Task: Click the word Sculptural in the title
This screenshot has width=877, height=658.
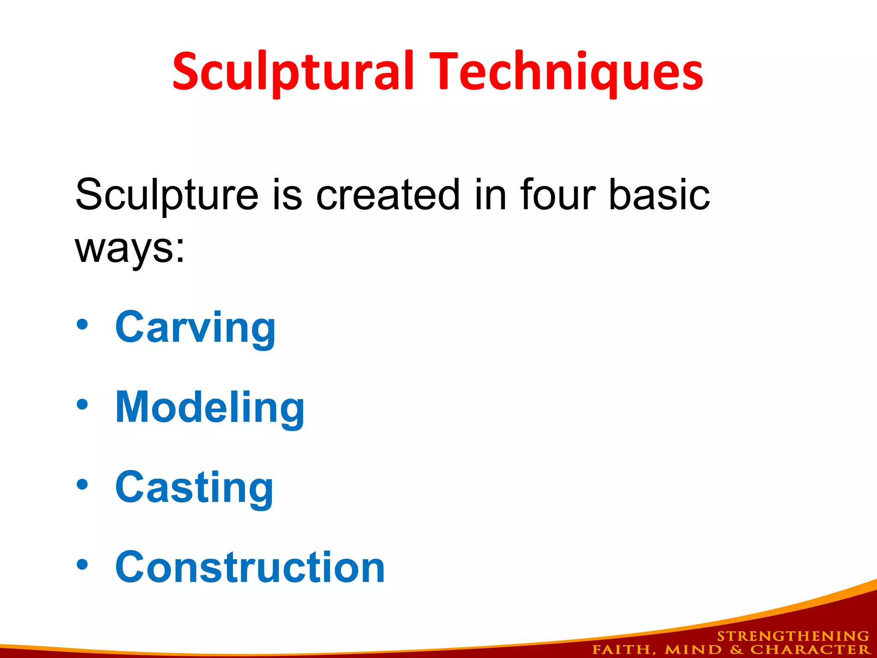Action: coord(293,72)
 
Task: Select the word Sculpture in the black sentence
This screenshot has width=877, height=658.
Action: coord(167,195)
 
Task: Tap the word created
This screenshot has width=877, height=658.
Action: coord(388,195)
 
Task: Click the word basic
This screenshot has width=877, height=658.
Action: coord(659,195)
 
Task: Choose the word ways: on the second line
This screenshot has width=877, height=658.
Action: coord(130,248)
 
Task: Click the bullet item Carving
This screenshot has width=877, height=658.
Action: coord(195,328)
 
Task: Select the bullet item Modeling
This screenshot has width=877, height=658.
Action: coord(210,408)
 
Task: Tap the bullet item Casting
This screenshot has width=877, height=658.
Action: coord(194,488)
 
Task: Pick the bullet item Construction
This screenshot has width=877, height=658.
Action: coord(250,567)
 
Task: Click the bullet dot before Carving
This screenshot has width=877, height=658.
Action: coord(82,325)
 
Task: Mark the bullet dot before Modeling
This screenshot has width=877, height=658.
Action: coord(82,404)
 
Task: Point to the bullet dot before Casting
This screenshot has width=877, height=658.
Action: coord(82,485)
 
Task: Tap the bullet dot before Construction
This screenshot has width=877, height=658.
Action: coord(82,565)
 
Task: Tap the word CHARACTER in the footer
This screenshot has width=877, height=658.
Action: coord(810,650)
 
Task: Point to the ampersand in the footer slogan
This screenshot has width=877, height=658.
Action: coord(736,650)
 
